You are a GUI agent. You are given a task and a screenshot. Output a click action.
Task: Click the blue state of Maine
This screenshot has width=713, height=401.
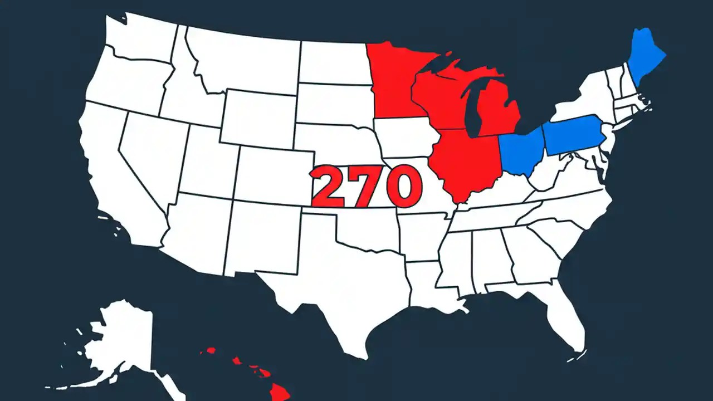[646, 58]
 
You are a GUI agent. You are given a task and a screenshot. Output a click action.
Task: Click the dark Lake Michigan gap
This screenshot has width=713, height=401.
[473, 111]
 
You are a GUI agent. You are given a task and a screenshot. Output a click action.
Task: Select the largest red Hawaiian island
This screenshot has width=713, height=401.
[279, 393]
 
